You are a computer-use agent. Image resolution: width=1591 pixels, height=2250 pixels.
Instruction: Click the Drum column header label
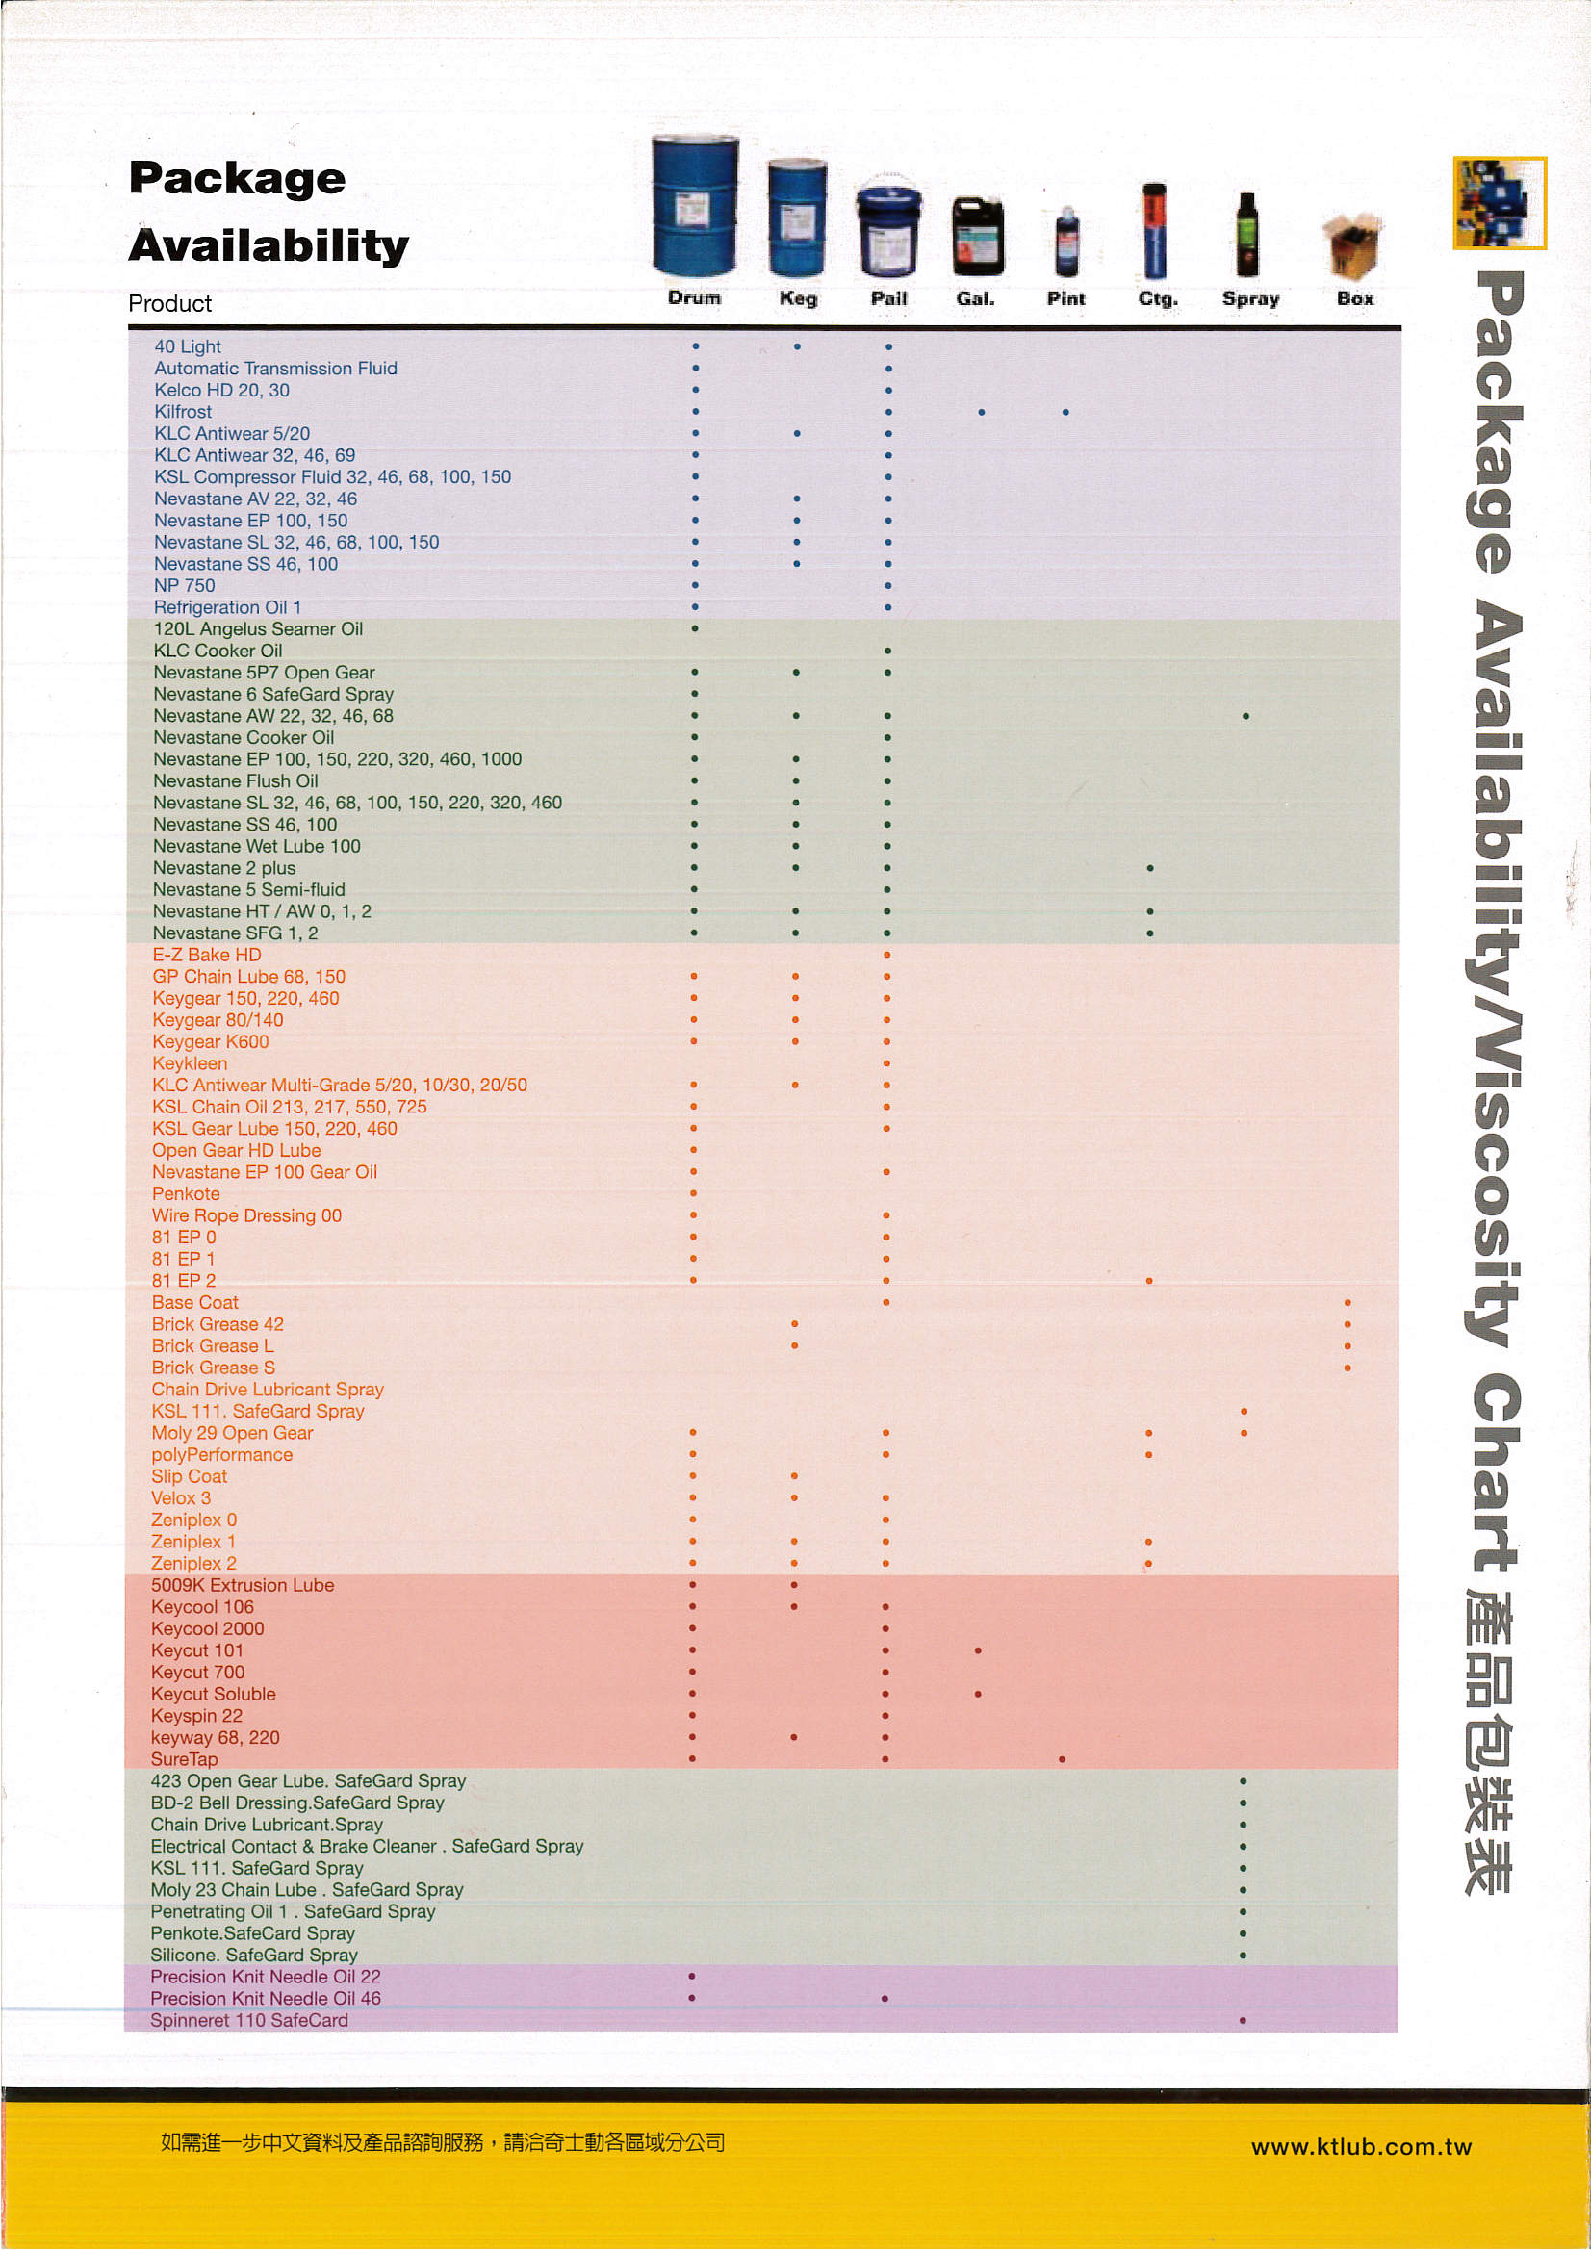click(x=694, y=298)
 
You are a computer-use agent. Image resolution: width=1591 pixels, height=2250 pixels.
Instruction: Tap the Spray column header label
click(x=1250, y=299)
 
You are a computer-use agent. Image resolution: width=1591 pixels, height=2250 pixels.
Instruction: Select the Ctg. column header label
click(x=1157, y=299)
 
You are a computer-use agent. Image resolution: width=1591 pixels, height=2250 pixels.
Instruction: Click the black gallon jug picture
click(x=977, y=236)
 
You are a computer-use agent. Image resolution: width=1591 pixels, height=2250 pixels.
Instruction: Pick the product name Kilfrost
click(x=182, y=412)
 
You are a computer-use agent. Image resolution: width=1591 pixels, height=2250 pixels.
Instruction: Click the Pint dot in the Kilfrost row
click(x=1065, y=413)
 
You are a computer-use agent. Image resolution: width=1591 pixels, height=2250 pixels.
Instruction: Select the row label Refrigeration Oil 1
click(x=227, y=607)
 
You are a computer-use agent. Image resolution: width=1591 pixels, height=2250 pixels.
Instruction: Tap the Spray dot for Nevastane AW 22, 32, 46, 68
click(x=1245, y=716)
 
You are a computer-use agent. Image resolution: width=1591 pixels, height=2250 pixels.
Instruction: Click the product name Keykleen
click(x=190, y=1063)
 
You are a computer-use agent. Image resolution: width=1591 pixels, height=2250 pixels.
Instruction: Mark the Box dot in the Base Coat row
click(x=1347, y=1303)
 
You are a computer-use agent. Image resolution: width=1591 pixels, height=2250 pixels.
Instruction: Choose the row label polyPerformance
click(x=221, y=1454)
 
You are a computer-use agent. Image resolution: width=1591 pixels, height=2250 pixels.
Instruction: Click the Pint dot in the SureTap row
click(x=1063, y=1759)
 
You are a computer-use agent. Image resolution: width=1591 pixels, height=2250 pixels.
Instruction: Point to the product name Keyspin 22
click(x=196, y=1716)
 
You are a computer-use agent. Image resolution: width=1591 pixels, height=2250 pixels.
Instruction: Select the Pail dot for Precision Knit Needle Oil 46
click(x=885, y=1998)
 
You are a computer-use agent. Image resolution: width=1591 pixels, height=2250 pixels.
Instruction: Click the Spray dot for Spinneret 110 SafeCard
click(x=1242, y=2021)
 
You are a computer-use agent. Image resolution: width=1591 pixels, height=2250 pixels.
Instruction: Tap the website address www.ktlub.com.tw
click(x=1361, y=2147)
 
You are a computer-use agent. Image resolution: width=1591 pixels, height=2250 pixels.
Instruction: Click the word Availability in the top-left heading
click(x=269, y=245)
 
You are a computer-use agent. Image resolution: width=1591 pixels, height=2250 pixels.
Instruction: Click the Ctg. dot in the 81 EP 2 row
click(x=1149, y=1281)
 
